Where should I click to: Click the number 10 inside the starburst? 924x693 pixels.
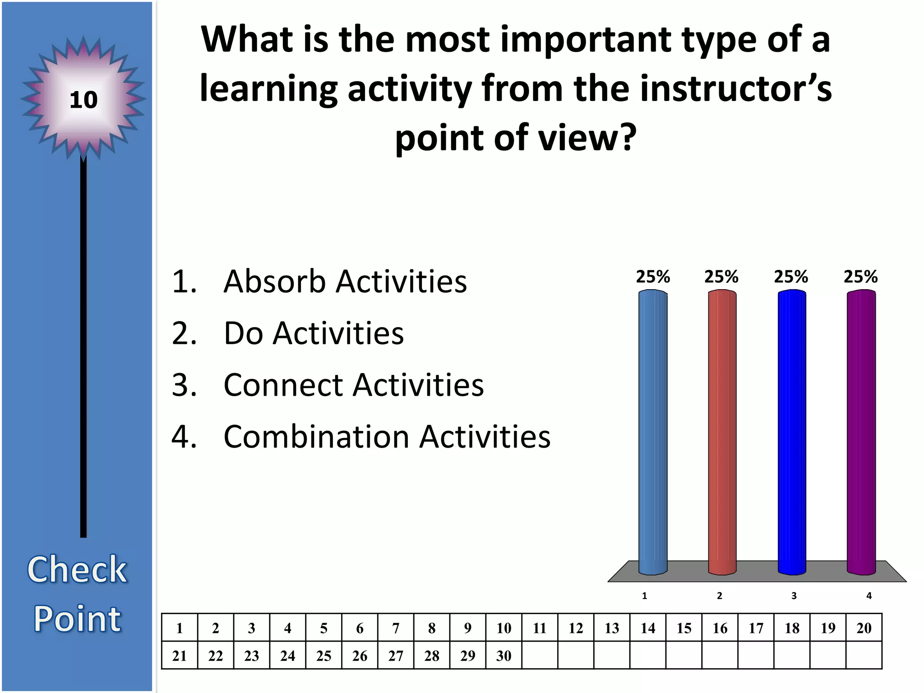coord(83,100)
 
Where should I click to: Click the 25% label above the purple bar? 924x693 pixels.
coord(860,277)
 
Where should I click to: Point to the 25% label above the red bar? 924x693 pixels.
coord(721,277)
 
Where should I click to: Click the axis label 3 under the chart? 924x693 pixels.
coord(794,596)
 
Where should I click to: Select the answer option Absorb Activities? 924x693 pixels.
coord(345,282)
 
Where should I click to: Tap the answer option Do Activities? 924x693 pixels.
coord(314,333)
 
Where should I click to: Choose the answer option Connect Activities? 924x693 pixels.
coord(353,385)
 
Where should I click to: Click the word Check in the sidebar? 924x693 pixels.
coord(77,569)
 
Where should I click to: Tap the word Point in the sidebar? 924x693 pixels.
coord(77,619)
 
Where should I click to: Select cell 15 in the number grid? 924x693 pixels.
coord(684,628)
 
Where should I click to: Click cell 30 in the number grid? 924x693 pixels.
coord(504,656)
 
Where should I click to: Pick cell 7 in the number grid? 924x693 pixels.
coord(396,628)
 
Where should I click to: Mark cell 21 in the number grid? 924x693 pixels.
coord(180,656)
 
